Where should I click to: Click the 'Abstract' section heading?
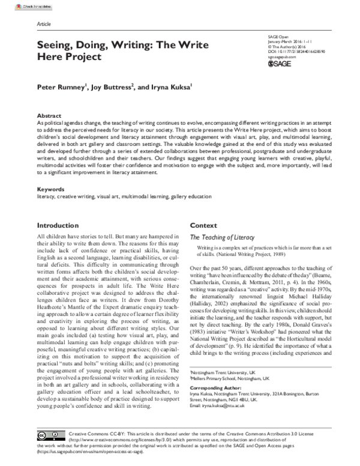click(x=49, y=115)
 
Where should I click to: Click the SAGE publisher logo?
click(x=278, y=62)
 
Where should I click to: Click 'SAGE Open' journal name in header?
click(x=278, y=37)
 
